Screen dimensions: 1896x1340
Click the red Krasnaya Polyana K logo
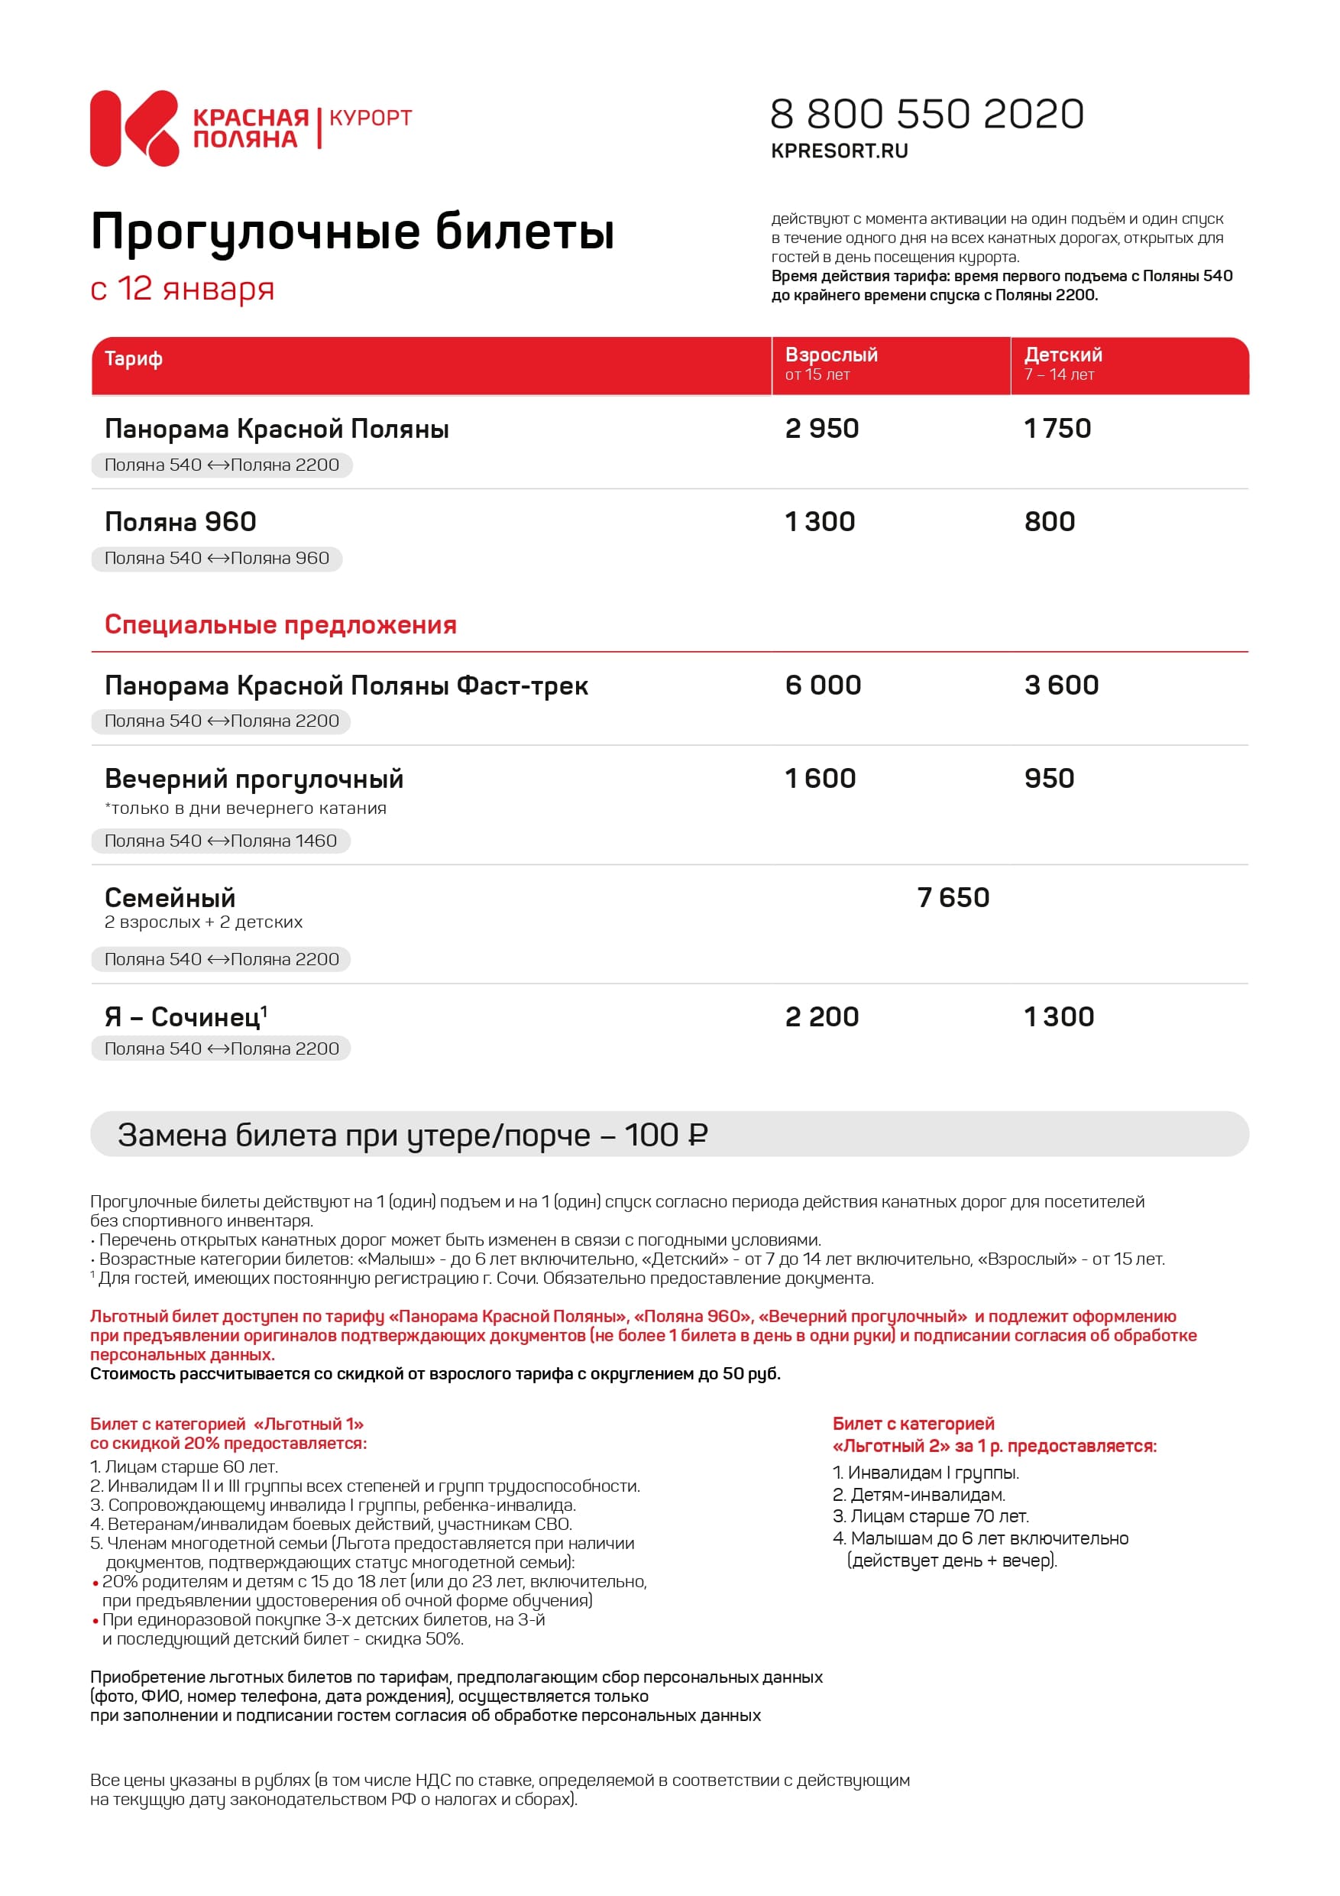pyautogui.click(x=134, y=128)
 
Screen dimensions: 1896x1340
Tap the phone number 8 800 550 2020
pyautogui.click(x=927, y=114)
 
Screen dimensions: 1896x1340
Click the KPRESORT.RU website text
pyautogui.click(x=839, y=151)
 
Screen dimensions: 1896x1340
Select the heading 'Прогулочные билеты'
pyautogui.click(x=352, y=232)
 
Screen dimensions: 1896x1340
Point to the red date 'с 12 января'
pyautogui.click(x=182, y=289)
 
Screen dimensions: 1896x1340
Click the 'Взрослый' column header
pyautogui.click(x=830, y=355)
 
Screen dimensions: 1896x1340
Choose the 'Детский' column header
pyautogui.click(x=1063, y=355)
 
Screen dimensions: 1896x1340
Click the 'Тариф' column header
pyautogui.click(x=133, y=359)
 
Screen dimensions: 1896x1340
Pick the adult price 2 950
pyautogui.click(x=821, y=429)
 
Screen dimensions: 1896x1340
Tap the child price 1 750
pyautogui.click(x=1057, y=429)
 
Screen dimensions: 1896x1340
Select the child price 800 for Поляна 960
pyautogui.click(x=1050, y=522)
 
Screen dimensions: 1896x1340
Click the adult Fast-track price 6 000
pyautogui.click(x=822, y=685)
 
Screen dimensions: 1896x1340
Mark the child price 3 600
pyautogui.click(x=1061, y=685)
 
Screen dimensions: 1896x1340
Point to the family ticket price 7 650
pyautogui.click(x=953, y=898)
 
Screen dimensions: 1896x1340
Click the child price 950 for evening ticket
pyautogui.click(x=1050, y=779)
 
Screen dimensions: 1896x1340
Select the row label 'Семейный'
pyautogui.click(x=170, y=899)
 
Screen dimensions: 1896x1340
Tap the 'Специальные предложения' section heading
pyautogui.click(x=280, y=625)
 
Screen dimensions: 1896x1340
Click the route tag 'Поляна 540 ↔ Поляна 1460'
pyautogui.click(x=221, y=841)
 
